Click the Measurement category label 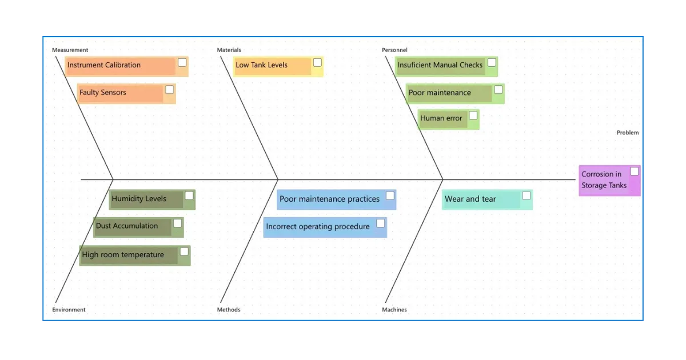pyautogui.click(x=70, y=50)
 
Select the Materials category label pyautogui.click(x=229, y=50)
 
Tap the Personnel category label pyautogui.click(x=394, y=50)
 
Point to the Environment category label pyautogui.click(x=69, y=310)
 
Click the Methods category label pyautogui.click(x=229, y=310)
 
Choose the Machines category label pyautogui.click(x=394, y=310)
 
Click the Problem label pyautogui.click(x=628, y=133)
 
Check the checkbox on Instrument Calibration pyautogui.click(x=182, y=62)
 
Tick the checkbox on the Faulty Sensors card pyautogui.click(x=169, y=89)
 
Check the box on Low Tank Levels pyautogui.click(x=318, y=62)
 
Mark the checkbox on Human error pyautogui.click(x=473, y=115)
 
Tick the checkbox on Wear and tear pyautogui.click(x=526, y=195)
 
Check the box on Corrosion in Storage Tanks pyautogui.click(x=635, y=171)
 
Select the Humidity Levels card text pyautogui.click(x=139, y=199)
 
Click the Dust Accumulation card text pyautogui.click(x=127, y=226)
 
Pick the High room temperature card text pyautogui.click(x=123, y=255)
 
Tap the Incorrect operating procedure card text pyautogui.click(x=318, y=226)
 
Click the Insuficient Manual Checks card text pyautogui.click(x=440, y=65)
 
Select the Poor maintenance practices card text pyautogui.click(x=329, y=199)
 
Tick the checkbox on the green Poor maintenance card pyautogui.click(x=498, y=89)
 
